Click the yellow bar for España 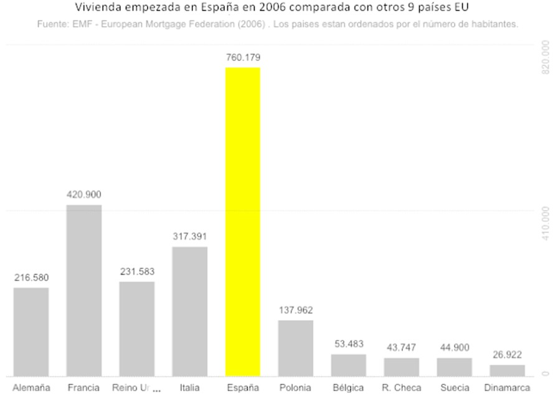click(242, 222)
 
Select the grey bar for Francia click(83, 290)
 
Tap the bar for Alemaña click(31, 332)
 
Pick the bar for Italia click(189, 311)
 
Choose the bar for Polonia click(295, 348)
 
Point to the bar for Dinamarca click(507, 371)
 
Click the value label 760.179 click(243, 57)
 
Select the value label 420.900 click(84, 194)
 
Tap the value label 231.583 click(137, 272)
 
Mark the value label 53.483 click(348, 344)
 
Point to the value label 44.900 click(454, 348)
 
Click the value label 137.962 click(296, 310)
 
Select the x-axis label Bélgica click(348, 387)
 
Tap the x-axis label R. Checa click(401, 387)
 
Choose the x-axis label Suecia click(454, 387)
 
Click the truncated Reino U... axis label click(136, 387)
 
